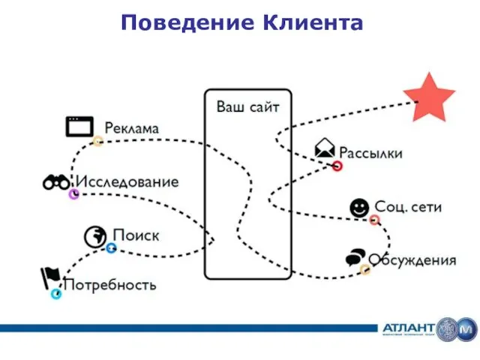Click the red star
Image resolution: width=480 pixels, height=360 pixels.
click(x=429, y=97)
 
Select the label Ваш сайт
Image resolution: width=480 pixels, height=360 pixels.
click(x=247, y=107)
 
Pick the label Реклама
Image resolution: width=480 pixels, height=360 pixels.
click(x=131, y=128)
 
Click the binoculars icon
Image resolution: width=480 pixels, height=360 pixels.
click(x=57, y=182)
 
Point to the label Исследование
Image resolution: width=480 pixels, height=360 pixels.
click(x=126, y=182)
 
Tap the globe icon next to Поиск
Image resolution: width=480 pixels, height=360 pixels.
click(x=95, y=235)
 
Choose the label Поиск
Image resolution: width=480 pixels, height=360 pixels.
click(x=136, y=235)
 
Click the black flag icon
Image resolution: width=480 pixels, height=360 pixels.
click(x=49, y=278)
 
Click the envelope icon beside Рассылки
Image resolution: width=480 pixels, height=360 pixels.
click(x=325, y=148)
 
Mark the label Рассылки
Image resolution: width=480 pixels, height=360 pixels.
click(x=371, y=154)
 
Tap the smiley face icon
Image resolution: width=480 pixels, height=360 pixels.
click(x=359, y=206)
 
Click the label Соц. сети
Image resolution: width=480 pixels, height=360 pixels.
click(x=409, y=206)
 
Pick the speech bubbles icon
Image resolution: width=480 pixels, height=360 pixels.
click(x=355, y=258)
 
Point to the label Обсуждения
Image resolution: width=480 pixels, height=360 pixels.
click(x=412, y=261)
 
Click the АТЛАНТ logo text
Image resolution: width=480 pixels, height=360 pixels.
click(x=409, y=329)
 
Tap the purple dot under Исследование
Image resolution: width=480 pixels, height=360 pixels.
click(x=73, y=194)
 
